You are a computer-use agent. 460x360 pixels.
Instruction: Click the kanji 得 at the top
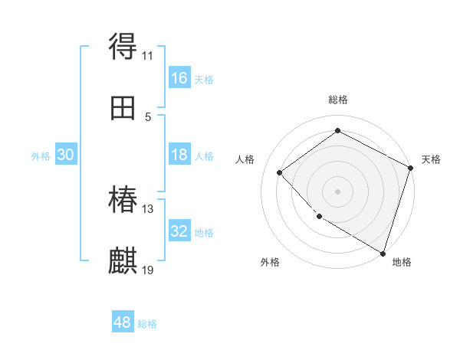(x=123, y=47)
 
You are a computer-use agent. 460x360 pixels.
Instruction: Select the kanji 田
(x=123, y=109)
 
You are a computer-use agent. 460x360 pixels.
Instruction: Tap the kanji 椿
(x=123, y=201)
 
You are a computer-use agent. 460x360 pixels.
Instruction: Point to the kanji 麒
(x=123, y=262)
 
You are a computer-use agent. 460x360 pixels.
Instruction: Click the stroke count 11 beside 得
(x=148, y=55)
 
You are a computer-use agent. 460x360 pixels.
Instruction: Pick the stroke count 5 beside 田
(x=148, y=116)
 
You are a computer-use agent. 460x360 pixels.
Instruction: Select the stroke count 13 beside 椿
(x=148, y=208)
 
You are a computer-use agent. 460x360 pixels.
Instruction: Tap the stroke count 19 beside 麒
(x=148, y=270)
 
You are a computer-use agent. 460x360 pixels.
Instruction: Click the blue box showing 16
(x=179, y=78)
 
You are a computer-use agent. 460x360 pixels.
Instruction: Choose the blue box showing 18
(x=179, y=155)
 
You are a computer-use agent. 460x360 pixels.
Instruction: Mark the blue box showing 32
(x=179, y=231)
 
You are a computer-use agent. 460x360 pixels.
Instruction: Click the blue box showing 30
(x=66, y=155)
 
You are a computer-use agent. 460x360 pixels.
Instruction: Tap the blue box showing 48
(x=123, y=322)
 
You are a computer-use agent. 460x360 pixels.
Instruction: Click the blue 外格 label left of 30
(x=41, y=156)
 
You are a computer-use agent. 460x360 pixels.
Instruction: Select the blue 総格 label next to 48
(x=147, y=324)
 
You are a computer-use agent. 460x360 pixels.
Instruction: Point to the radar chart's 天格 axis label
(x=431, y=159)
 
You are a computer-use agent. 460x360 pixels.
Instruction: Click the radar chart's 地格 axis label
(x=402, y=262)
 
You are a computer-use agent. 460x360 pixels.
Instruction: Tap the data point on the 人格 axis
(x=280, y=172)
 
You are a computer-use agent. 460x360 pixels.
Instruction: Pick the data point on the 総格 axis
(x=337, y=130)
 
